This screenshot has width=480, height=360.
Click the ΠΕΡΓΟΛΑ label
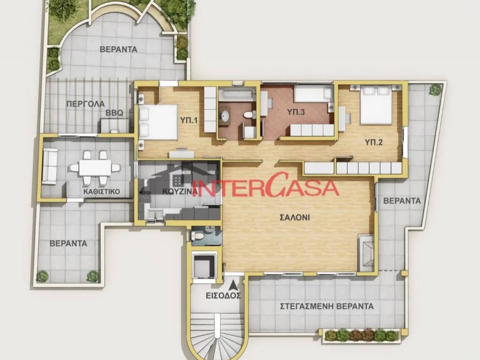tap(85, 104)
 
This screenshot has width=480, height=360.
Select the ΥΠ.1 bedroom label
tap(188, 120)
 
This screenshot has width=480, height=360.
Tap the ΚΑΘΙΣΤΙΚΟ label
tap(102, 191)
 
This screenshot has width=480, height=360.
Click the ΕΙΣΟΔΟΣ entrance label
tap(223, 296)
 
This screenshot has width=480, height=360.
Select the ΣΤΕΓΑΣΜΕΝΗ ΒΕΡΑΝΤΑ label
tap(326, 307)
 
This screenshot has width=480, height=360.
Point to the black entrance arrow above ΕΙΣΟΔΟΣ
tap(233, 285)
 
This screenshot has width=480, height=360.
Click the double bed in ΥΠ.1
tap(157, 122)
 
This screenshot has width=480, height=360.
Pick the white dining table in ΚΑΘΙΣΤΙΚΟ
tap(95, 167)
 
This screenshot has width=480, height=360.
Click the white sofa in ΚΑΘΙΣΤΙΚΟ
tap(50, 166)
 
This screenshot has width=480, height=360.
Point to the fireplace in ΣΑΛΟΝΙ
tap(366, 253)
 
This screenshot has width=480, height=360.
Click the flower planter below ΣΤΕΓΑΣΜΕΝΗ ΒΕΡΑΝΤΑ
tap(361, 335)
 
